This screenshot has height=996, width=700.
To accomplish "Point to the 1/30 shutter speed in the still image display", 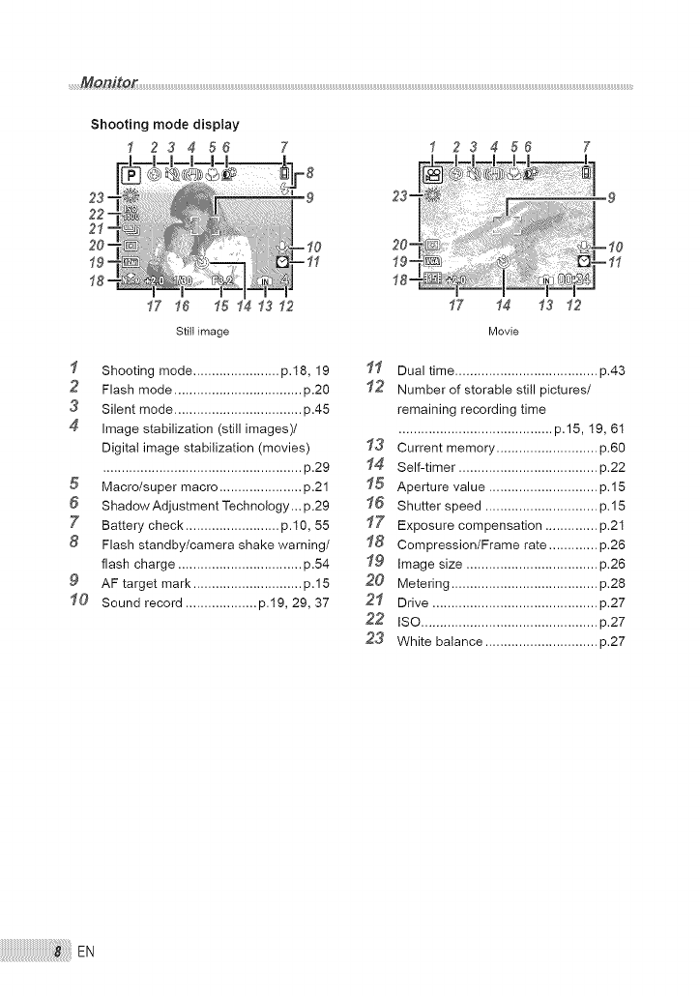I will pyautogui.click(x=183, y=281).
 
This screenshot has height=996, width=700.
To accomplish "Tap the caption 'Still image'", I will pyautogui.click(x=201, y=332).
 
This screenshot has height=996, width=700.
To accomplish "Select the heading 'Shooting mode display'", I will pyautogui.click(x=164, y=124).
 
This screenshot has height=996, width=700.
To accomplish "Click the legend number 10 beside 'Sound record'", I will pyautogui.click(x=77, y=602).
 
